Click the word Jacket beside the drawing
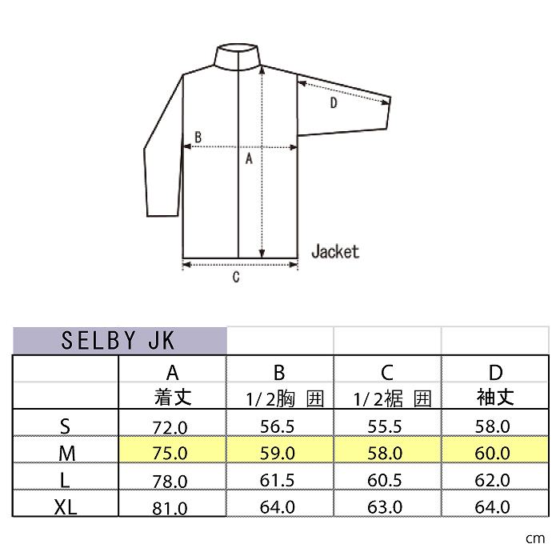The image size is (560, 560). tap(334, 251)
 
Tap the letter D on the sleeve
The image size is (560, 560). tap(334, 103)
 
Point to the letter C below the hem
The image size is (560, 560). tap(236, 278)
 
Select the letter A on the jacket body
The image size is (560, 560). tap(249, 158)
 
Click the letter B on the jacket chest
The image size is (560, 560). tap(198, 138)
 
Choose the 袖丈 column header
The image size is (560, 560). tap(496, 397)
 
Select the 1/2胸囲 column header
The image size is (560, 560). tap(279, 398)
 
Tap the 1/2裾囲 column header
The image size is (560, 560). tap(387, 398)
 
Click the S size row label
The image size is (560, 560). tap(66, 426)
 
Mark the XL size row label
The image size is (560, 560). tap(66, 506)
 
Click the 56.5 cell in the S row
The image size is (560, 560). tap(279, 426)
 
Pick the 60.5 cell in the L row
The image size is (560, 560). tap(387, 480)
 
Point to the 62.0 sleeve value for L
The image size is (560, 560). tap(494, 480)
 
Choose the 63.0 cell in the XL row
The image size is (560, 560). tap(387, 507)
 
